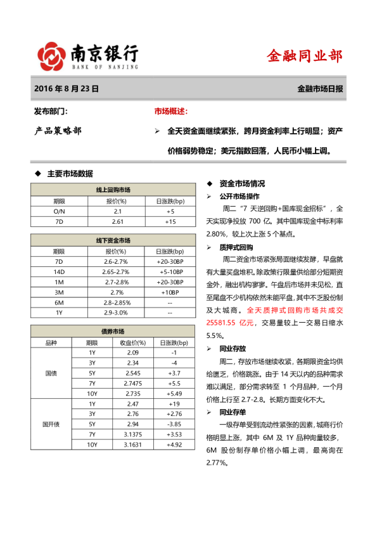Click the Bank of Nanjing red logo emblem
tap(51, 56)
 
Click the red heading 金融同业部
tap(305, 56)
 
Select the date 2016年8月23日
tap(67, 89)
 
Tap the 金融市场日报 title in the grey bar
tap(320, 89)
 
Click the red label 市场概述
tap(171, 112)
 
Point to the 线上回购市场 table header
tap(113, 190)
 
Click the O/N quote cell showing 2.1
tap(117, 211)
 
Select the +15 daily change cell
tap(170, 221)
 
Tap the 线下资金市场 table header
tap(113, 240)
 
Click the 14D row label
tap(59, 271)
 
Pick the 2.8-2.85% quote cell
tap(117, 303)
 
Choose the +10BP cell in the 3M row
tap(170, 292)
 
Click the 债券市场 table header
tap(113, 332)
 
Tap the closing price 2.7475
tap(133, 384)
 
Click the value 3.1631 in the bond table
tap(133, 445)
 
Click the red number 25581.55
tap(226, 323)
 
